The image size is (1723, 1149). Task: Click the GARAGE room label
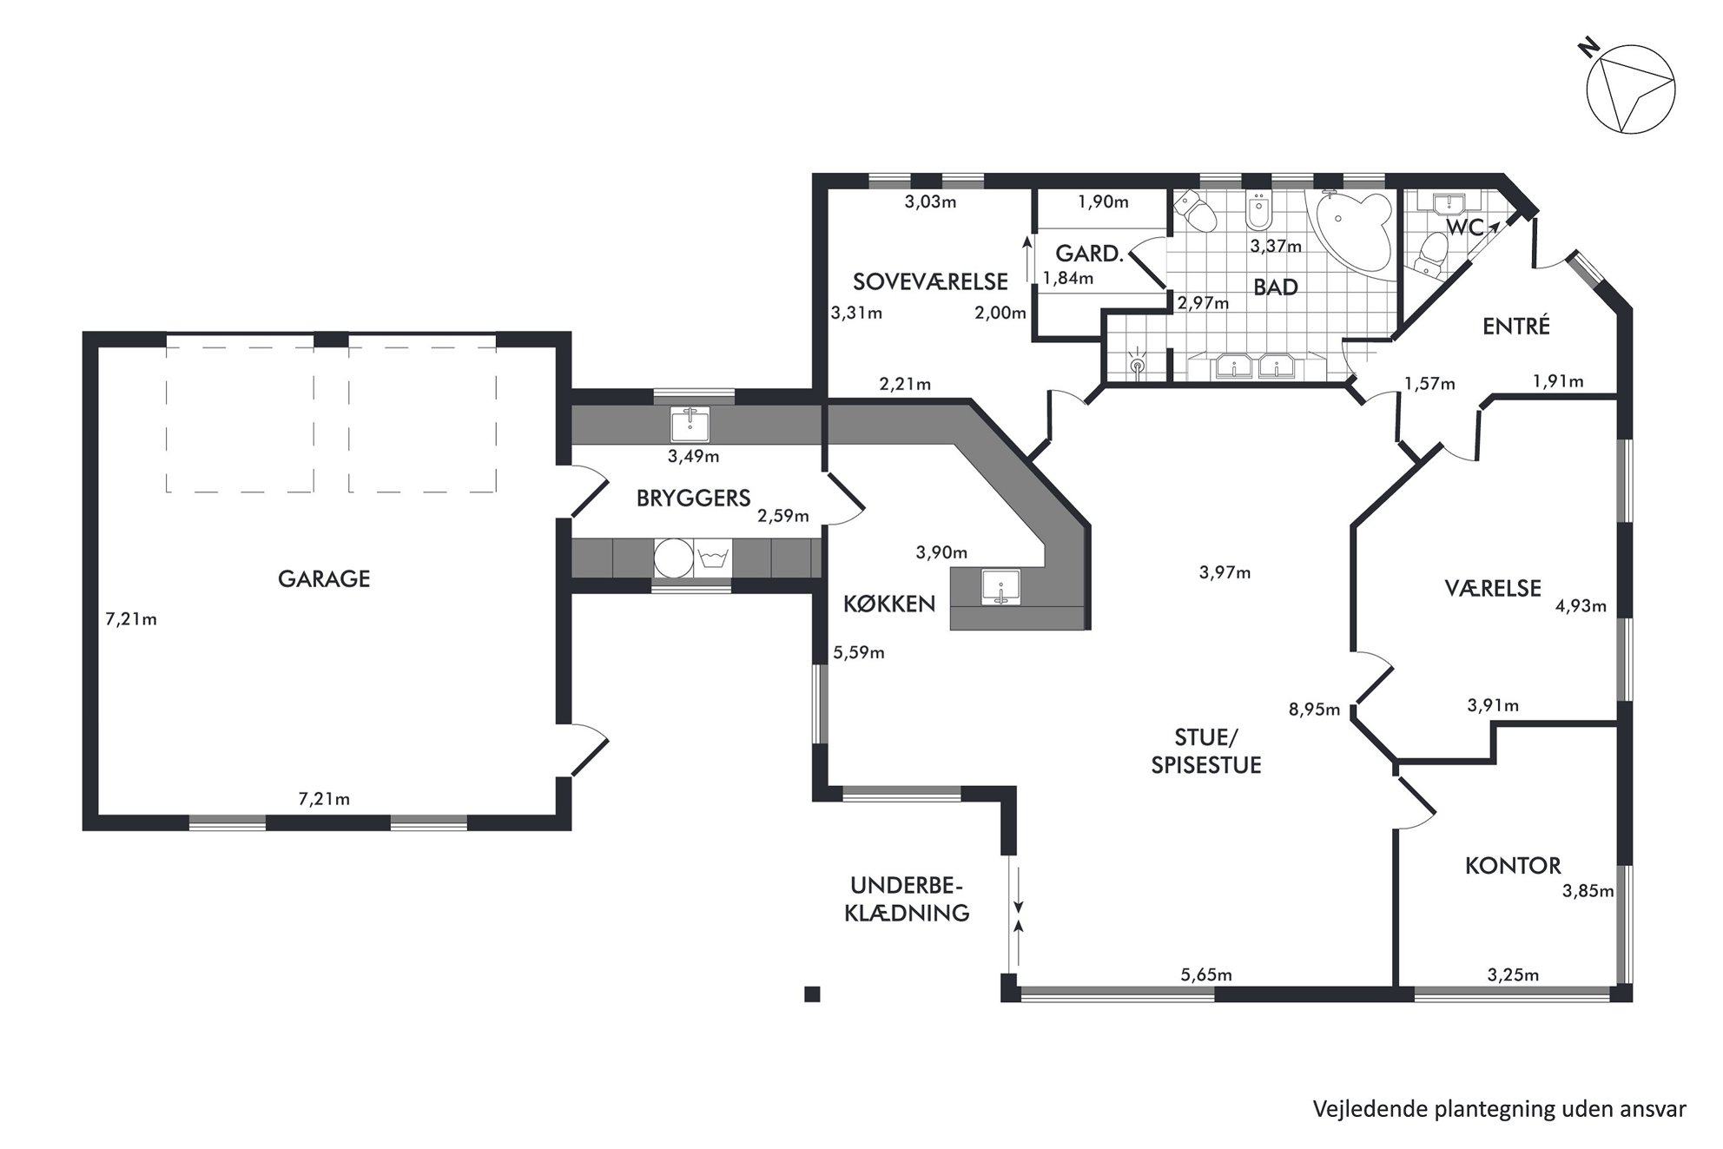click(324, 579)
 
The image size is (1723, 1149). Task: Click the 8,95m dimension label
click(1315, 710)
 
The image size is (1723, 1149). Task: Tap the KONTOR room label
click(1513, 866)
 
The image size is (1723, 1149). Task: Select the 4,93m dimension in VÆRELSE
click(1581, 606)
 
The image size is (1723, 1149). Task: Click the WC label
click(1463, 228)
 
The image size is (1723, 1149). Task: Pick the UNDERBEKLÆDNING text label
click(907, 899)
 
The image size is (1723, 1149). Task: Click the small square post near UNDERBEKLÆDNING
click(812, 994)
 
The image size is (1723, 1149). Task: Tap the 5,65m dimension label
click(1206, 975)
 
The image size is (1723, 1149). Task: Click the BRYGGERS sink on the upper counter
click(690, 424)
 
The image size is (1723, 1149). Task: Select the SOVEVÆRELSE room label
click(930, 282)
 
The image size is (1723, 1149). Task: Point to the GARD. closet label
click(1090, 254)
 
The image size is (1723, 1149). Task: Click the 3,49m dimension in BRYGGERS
click(693, 456)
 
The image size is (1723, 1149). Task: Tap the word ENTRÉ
click(1515, 327)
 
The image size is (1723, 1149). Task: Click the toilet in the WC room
click(1429, 254)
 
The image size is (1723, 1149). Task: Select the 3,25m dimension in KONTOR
click(1513, 975)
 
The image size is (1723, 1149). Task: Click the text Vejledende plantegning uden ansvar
click(1500, 1109)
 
